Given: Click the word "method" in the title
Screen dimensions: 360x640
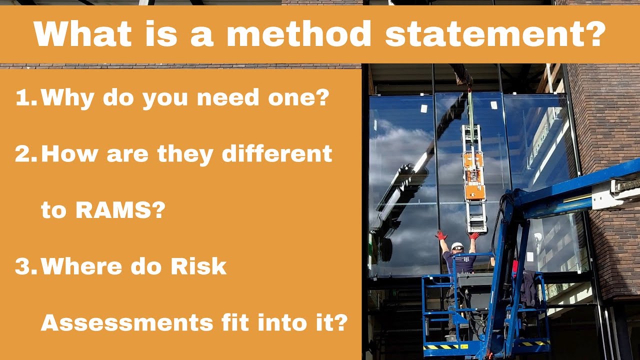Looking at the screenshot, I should tap(298, 34).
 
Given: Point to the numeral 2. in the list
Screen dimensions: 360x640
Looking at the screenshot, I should tap(26, 154).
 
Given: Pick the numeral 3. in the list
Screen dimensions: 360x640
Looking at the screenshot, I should tap(26, 267).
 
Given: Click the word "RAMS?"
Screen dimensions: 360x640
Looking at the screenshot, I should tap(120, 211).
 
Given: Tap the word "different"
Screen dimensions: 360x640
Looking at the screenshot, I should tap(277, 154).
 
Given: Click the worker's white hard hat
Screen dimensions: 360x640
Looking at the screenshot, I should tap(457, 246).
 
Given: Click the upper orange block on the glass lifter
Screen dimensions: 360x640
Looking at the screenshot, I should tap(472, 162).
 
